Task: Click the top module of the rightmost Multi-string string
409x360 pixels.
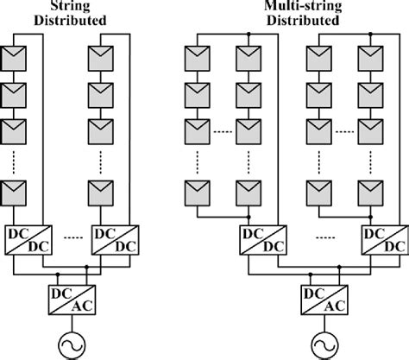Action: (x=374, y=58)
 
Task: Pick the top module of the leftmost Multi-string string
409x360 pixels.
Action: (x=198, y=58)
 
